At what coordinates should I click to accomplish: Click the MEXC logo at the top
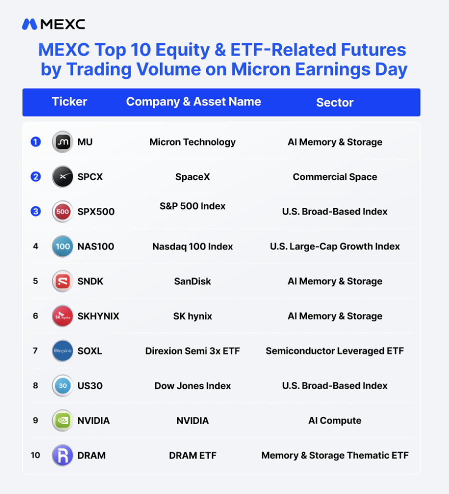[x=53, y=24]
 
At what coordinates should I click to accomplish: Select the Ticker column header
[x=69, y=102]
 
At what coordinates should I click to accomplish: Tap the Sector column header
[x=335, y=102]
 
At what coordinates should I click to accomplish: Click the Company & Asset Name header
[x=193, y=102]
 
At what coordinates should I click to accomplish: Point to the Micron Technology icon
[x=62, y=142]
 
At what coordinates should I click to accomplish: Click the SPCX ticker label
[x=90, y=176]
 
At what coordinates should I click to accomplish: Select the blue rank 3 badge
[x=35, y=211]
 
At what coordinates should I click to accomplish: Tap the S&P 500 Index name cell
[x=192, y=206]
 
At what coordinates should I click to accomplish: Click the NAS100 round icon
[x=62, y=246]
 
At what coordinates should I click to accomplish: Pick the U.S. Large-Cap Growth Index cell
[x=334, y=246]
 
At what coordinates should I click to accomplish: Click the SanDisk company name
[x=192, y=281]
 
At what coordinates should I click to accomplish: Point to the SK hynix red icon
[x=62, y=316]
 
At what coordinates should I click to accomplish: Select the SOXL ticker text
[x=90, y=351]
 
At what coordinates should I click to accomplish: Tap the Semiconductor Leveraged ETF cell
[x=334, y=351]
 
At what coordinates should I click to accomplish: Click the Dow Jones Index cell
[x=192, y=385]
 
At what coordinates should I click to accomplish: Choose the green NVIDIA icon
[x=62, y=420]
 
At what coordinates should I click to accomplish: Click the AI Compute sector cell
[x=334, y=420]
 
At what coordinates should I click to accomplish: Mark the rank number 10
[x=35, y=455]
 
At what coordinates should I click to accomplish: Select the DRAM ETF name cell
[x=192, y=455]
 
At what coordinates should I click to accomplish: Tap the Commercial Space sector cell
[x=335, y=176]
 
